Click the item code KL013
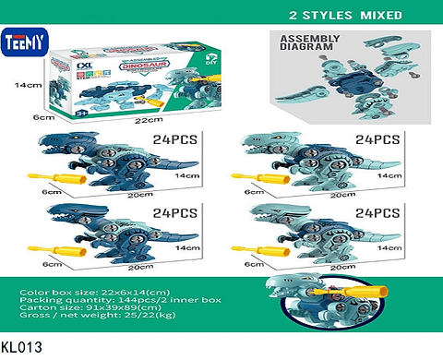pyautogui.click(x=21, y=348)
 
